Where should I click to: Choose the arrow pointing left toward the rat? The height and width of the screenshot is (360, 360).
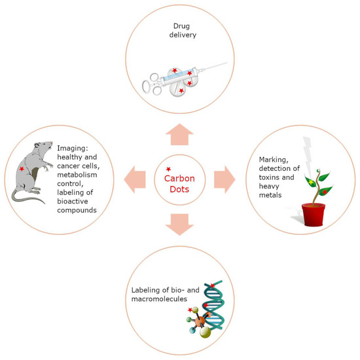click(x=135, y=179)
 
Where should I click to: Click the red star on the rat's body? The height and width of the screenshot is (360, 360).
click(x=23, y=170)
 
